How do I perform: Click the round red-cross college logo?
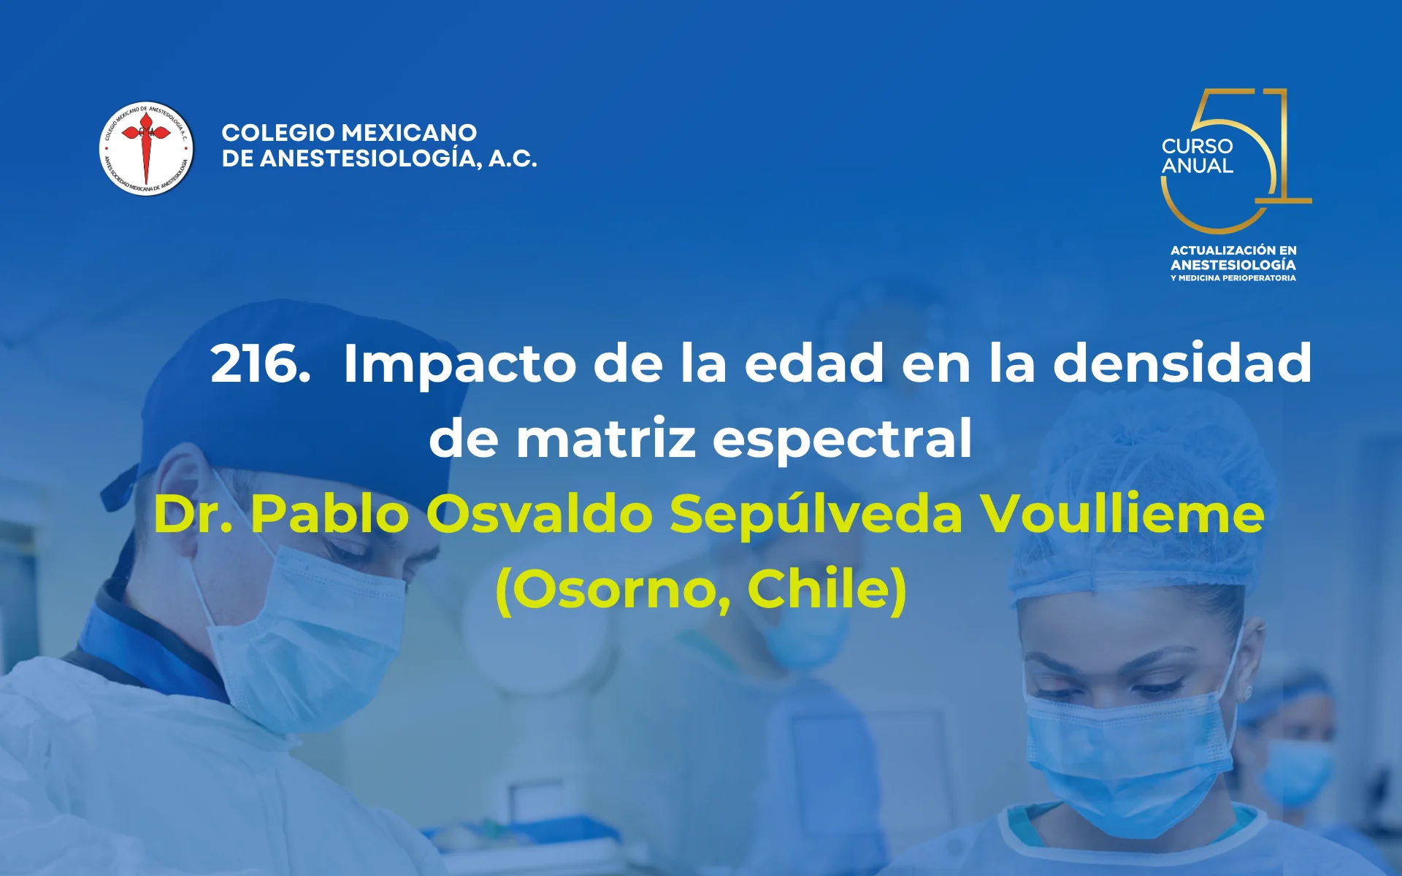(146, 148)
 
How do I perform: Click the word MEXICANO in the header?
(410, 133)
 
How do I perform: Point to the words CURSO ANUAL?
(1197, 156)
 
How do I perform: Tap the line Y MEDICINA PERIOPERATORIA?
(1233, 278)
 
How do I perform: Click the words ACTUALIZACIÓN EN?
(1233, 250)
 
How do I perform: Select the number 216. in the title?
(260, 364)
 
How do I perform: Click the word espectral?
(842, 439)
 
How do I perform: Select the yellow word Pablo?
(329, 514)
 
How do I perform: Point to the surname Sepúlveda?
(816, 514)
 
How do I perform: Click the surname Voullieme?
(1122, 514)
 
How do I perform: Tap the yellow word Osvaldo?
(539, 514)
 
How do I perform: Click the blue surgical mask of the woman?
(1125, 759)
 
